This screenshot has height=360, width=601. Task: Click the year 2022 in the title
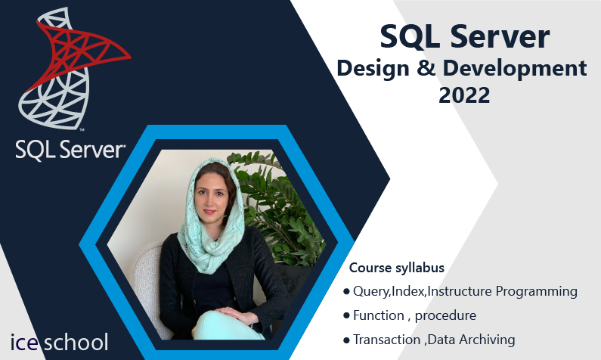(x=464, y=95)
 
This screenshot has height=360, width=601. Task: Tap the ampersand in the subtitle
(x=426, y=68)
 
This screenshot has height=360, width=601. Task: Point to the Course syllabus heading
(x=397, y=268)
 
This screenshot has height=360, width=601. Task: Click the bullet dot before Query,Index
(x=346, y=292)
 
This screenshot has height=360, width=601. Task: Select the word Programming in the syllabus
(x=536, y=292)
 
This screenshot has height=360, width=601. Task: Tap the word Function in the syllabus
(x=378, y=315)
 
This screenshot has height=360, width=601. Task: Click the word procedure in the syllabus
(x=445, y=316)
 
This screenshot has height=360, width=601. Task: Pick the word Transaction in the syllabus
(x=387, y=340)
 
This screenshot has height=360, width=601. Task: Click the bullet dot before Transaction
(x=346, y=340)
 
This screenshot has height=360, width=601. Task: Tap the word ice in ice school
(x=23, y=343)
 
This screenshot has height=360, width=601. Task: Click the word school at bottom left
(x=76, y=342)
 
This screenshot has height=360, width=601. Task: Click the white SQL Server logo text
(x=70, y=150)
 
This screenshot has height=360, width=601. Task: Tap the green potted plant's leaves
(x=280, y=207)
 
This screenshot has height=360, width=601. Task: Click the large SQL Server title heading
(x=465, y=37)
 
